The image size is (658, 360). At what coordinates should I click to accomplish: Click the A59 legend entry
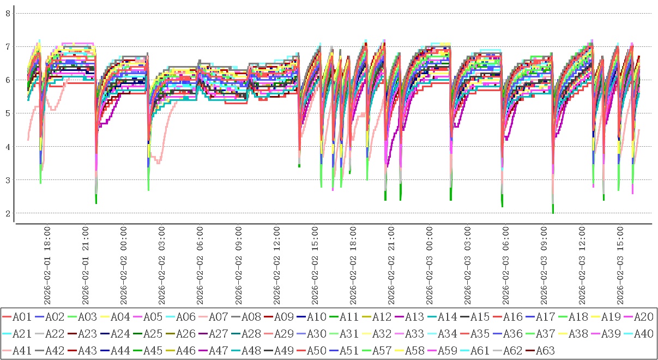(447, 350)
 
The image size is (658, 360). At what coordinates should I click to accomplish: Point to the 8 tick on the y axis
(8, 13)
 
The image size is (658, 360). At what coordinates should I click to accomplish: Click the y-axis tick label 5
(8, 113)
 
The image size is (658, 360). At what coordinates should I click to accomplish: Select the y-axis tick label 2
(8, 213)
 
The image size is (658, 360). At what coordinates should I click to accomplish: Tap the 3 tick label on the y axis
(8, 179)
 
